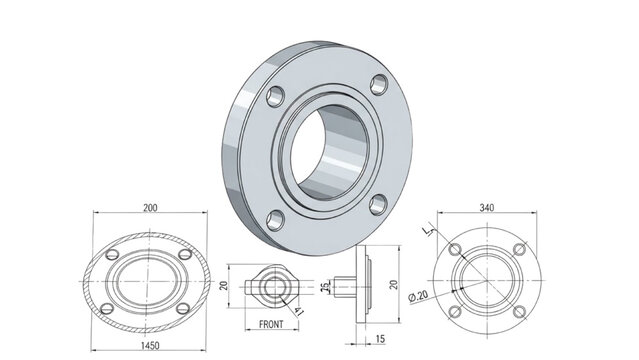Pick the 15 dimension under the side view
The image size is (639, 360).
pyautogui.click(x=381, y=339)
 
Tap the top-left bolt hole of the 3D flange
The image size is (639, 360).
pyautogui.click(x=272, y=96)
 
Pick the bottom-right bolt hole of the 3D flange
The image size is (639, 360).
pyautogui.click(x=377, y=205)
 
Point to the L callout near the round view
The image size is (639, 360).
pyautogui.click(x=428, y=232)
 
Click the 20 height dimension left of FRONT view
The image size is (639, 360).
pyautogui.click(x=224, y=285)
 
